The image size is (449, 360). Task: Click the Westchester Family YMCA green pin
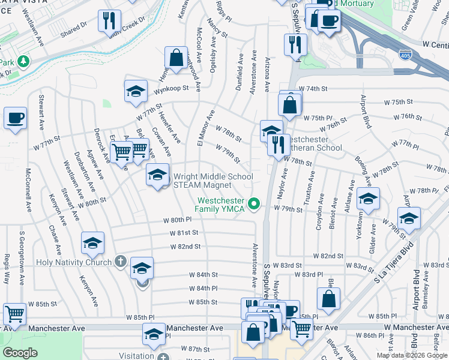click(255, 204)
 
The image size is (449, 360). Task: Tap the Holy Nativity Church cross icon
click(121, 262)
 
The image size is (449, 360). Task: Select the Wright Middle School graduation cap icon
click(157, 175)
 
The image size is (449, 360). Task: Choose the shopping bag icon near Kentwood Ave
click(176, 59)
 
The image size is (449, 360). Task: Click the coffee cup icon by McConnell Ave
click(15, 118)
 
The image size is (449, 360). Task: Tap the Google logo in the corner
click(20, 353)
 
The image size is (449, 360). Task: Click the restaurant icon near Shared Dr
click(109, 20)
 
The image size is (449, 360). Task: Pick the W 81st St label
click(184, 232)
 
